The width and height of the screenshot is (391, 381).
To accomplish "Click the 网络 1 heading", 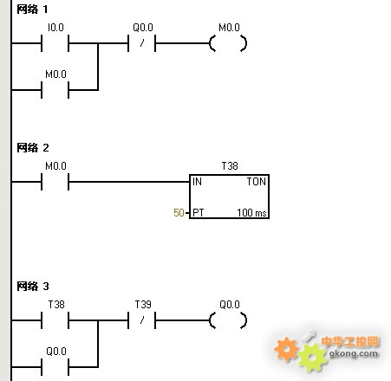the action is coord(32,10).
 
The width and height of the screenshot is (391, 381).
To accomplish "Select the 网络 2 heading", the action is coord(33,148).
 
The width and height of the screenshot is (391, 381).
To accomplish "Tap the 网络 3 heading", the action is coord(33,287).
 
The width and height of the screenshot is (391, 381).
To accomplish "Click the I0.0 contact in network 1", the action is coord(55,43).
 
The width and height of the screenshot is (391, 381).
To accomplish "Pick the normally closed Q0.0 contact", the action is coord(142,43).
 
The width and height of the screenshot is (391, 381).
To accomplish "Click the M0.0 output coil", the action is coord(228,43).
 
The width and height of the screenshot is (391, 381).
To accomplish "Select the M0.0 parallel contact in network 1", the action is coord(55,90).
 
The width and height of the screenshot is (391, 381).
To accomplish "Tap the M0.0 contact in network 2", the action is coord(55,182).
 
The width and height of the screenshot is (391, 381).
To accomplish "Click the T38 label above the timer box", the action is coord(230,166).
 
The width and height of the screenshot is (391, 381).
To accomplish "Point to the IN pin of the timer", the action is coord(197,182).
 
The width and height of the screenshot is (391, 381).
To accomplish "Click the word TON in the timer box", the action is coord(256,182).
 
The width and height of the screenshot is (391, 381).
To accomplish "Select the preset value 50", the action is coord(179,213).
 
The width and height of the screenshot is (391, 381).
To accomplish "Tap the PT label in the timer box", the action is coord(199,213).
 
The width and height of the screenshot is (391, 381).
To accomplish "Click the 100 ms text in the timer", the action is coord(251,213).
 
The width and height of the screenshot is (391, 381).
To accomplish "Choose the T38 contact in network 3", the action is coord(55,320).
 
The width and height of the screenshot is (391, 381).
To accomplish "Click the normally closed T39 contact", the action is coord(142,320).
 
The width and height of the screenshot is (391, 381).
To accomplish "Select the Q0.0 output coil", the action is coord(228,320).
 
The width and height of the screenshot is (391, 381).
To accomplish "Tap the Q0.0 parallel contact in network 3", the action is coord(55,367).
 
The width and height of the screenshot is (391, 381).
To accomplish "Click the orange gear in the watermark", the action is coord(286,349).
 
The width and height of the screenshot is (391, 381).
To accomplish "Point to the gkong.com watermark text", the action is coord(354,353).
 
